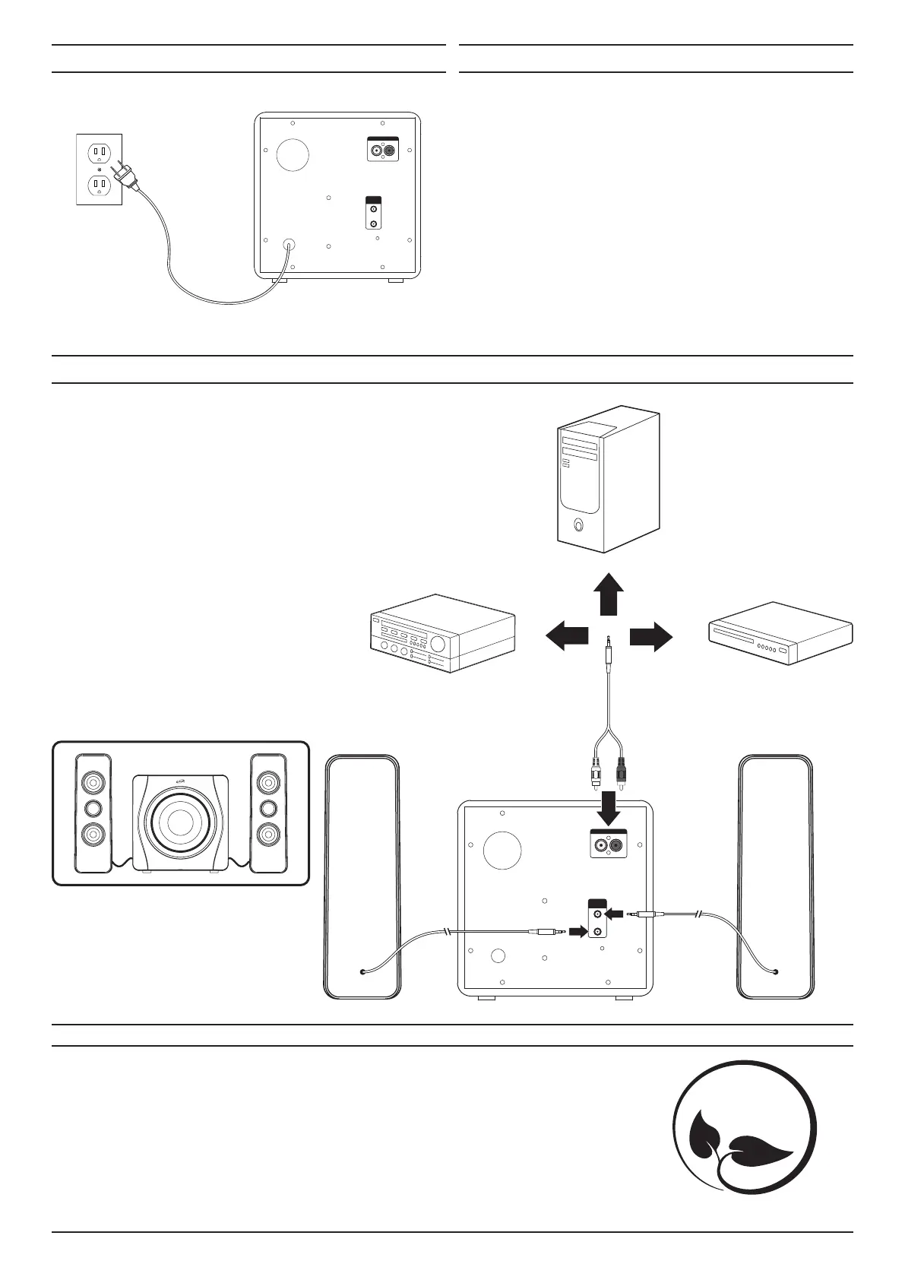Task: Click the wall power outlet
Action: (99, 169)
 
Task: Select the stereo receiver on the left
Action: (440, 633)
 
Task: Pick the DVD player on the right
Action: (780, 632)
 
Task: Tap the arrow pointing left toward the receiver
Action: (568, 635)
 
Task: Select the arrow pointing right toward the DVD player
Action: (650, 635)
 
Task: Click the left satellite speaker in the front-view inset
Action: (93, 813)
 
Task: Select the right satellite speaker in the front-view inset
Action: (267, 813)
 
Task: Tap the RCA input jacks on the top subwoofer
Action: (382, 151)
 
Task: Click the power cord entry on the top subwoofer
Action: (289, 246)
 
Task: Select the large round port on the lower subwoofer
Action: (502, 850)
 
